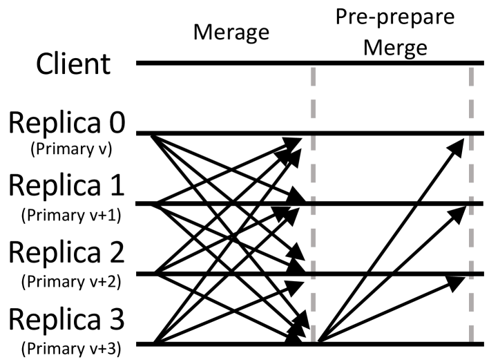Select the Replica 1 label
point(66,187)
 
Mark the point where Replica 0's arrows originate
point(152,134)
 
